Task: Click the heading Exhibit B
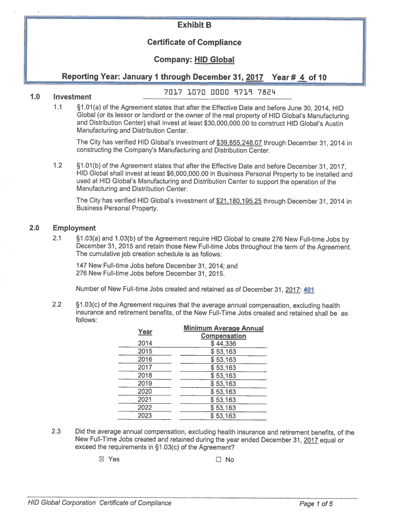194,25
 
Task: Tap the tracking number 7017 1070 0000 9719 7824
219,93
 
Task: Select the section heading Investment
72,97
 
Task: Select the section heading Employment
74,228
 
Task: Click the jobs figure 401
310,289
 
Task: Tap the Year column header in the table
145,332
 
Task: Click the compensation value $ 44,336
223,344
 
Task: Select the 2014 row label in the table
145,344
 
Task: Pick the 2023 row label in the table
145,416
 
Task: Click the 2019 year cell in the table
145,384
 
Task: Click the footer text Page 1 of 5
316,504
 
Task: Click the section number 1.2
57,166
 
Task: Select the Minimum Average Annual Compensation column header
223,332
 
